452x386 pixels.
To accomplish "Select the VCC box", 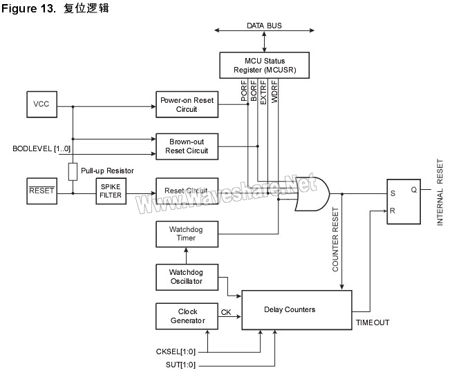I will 40,104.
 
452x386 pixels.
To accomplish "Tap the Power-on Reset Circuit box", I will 187,104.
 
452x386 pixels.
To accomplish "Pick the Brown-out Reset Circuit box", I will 187,146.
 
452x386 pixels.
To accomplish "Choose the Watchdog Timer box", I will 187,233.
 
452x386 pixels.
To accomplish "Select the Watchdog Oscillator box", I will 187,278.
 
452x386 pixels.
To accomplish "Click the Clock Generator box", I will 187,316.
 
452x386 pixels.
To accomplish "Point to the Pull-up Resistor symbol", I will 73,171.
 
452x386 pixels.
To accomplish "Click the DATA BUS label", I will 264,26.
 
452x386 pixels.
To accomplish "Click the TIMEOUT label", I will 373,322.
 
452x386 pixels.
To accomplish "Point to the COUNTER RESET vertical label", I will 336,238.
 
